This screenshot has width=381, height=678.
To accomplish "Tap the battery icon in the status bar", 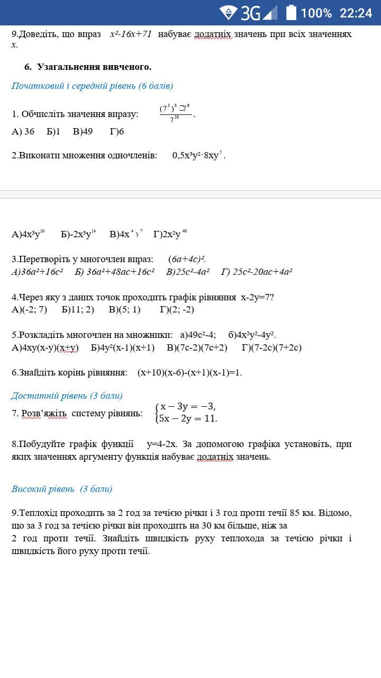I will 291,13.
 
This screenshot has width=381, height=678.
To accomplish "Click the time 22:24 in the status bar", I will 356,13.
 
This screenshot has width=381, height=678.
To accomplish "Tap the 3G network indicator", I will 250,13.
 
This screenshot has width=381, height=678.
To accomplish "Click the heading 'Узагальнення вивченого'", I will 94,67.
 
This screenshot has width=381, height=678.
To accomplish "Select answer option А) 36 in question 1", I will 23,131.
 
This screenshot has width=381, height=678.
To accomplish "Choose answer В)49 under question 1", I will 83,131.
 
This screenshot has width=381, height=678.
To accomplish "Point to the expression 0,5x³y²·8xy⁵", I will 198,155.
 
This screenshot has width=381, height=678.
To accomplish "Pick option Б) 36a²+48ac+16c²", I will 114,272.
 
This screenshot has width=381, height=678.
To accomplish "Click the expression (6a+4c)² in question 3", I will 187,259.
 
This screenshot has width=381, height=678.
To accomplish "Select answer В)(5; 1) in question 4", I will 125,309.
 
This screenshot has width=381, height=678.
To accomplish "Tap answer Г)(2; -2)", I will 177,309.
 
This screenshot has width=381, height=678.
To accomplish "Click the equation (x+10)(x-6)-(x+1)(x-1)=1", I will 189,372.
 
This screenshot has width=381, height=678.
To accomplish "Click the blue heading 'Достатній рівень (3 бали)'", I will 67,396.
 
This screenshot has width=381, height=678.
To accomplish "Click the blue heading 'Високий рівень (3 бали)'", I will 62,489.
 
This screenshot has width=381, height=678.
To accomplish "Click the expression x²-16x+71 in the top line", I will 131,34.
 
